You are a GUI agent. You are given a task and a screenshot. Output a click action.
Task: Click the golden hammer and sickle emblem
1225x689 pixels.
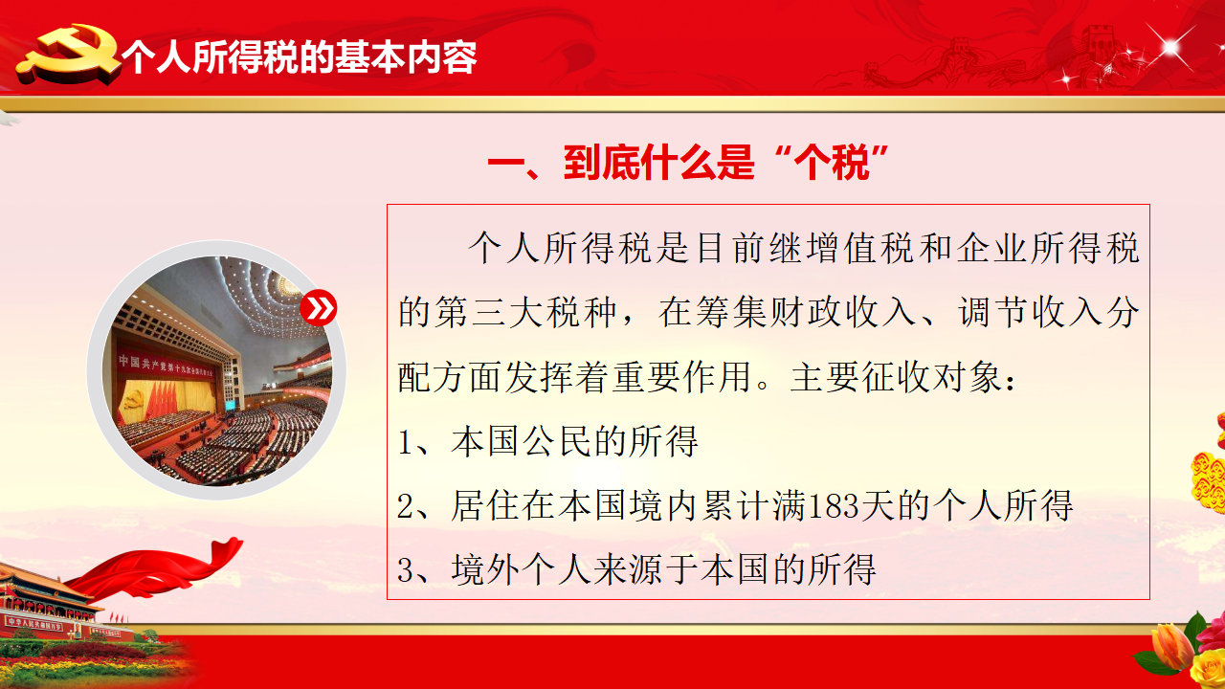pos(68,54)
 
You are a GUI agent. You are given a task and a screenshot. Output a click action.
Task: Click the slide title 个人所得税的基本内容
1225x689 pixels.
pos(300,56)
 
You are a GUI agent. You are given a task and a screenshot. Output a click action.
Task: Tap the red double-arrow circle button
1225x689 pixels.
pos(319,308)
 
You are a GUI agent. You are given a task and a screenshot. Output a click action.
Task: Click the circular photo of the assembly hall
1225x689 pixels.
pos(216,370)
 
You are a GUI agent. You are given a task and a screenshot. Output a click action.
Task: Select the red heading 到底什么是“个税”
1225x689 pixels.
pos(687,163)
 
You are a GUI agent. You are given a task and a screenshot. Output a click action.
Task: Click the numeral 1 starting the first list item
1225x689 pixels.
pos(405,442)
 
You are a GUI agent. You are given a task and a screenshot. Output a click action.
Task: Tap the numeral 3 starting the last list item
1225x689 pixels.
pos(405,569)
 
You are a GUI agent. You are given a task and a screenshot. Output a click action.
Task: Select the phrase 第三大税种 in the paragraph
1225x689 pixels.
pos(507,312)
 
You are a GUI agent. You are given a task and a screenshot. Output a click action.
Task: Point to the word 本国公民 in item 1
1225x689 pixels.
pos(523,441)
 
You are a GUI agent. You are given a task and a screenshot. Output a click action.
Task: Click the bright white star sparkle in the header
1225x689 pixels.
pos(1169,48)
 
